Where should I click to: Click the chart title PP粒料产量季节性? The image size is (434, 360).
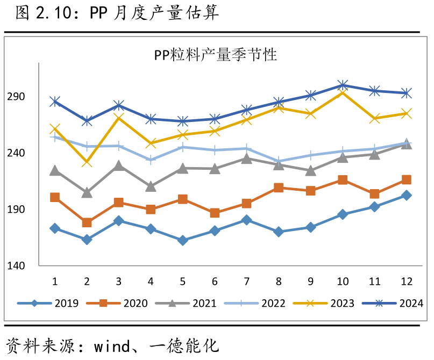[215, 55]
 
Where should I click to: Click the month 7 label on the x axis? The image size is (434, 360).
[246, 281]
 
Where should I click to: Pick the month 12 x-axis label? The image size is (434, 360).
[406, 281]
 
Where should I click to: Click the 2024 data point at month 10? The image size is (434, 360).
[343, 85]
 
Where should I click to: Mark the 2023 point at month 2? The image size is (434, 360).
[87, 161]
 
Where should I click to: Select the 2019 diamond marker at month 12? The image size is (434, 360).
[407, 196]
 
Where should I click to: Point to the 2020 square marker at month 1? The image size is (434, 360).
[55, 198]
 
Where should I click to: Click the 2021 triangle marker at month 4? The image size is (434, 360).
[151, 186]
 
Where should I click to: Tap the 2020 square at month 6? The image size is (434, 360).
[215, 213]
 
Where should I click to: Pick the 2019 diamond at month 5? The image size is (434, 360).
[183, 240]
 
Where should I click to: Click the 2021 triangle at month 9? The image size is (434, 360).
[310, 171]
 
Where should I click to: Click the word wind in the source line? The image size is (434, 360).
[112, 345]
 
